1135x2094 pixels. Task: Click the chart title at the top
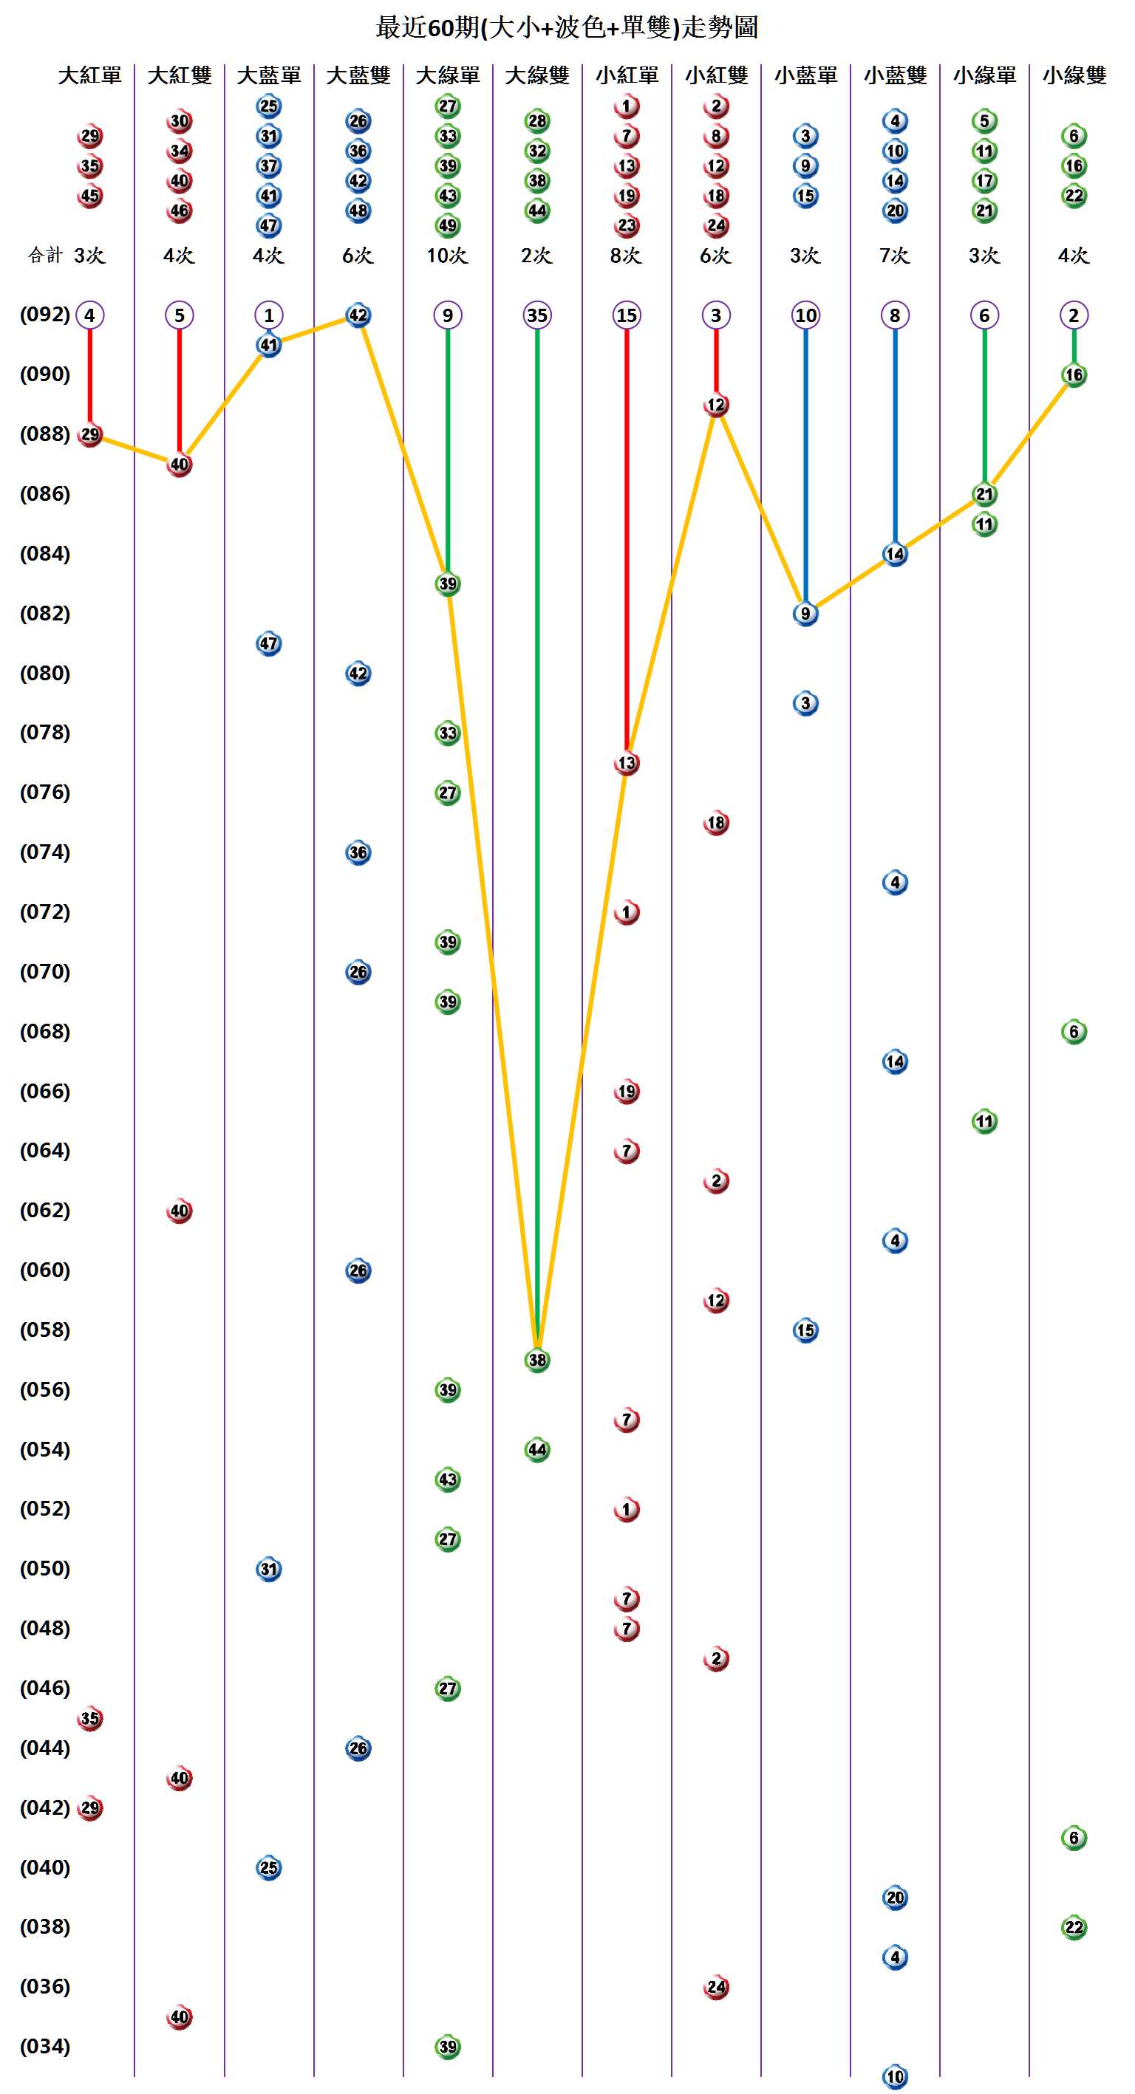tap(567, 27)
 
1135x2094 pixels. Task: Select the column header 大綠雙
tap(536, 75)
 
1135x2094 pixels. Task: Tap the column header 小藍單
tap(805, 75)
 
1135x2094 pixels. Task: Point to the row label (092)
tap(45, 315)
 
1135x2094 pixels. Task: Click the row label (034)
tap(45, 2046)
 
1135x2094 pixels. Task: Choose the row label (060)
tap(45, 1270)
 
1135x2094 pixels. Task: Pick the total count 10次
tap(447, 256)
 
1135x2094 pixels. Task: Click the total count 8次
tap(626, 256)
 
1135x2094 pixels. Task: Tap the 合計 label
tap(45, 256)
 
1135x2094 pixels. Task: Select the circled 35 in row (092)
tap(536, 315)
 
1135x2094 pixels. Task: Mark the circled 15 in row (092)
tap(626, 315)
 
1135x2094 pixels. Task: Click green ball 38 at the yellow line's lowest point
tap(536, 1360)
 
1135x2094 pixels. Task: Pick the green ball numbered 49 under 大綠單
tap(447, 225)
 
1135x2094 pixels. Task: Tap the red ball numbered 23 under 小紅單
tap(626, 225)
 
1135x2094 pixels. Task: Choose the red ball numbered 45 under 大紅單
tap(89, 196)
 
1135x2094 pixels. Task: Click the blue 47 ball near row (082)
tap(268, 644)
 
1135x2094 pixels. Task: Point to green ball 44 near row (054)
tap(536, 1449)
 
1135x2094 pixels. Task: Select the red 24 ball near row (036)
tap(715, 1988)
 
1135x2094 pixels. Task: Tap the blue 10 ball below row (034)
tap(894, 2077)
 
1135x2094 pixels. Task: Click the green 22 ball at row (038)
tap(1073, 1927)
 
